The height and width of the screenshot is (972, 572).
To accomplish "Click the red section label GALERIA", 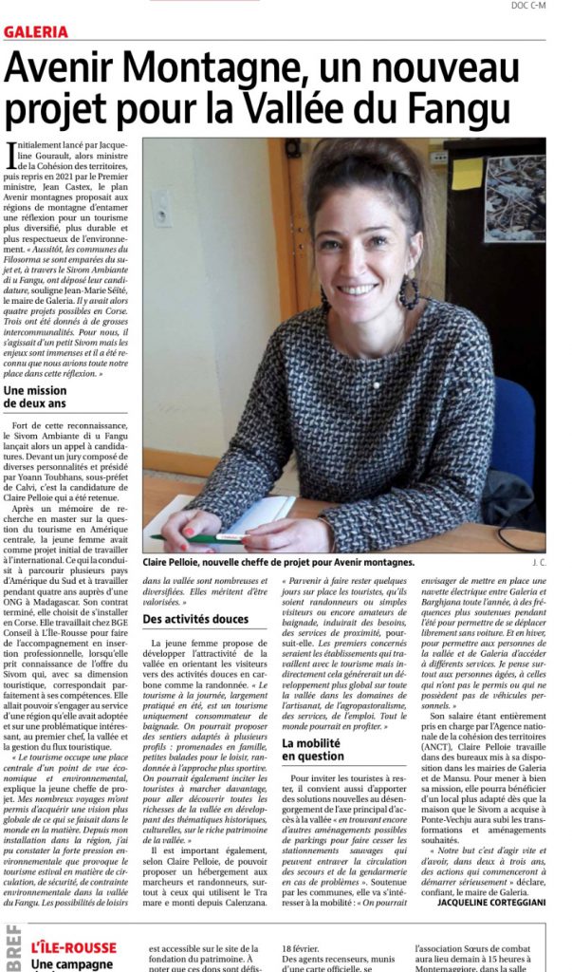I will [36, 31].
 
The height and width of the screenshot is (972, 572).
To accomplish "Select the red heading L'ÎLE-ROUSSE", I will [73, 948].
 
